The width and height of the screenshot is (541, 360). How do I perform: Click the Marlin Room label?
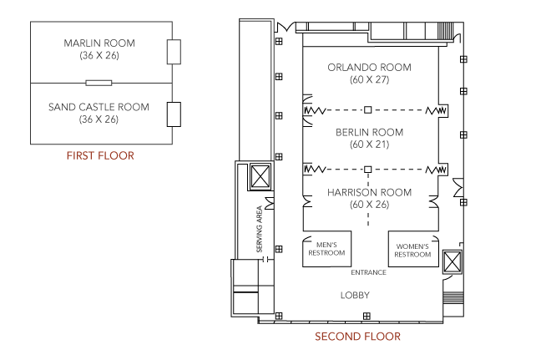click(x=99, y=43)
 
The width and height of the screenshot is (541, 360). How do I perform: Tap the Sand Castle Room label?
click(x=99, y=107)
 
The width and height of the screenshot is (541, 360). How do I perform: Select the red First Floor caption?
click(x=100, y=155)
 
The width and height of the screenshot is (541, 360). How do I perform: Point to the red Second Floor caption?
click(x=358, y=337)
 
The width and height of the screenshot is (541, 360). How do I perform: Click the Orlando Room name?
click(x=370, y=68)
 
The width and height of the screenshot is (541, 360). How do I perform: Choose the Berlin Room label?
click(x=370, y=132)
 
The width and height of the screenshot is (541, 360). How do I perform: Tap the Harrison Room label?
click(x=370, y=192)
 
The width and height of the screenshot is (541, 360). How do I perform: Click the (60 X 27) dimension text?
click(x=370, y=79)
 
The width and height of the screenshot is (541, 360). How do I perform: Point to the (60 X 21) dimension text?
click(x=370, y=145)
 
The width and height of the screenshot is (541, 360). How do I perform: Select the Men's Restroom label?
click(x=326, y=249)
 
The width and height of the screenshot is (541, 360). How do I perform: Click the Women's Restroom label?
click(x=412, y=251)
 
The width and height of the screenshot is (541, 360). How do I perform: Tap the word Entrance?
click(x=368, y=272)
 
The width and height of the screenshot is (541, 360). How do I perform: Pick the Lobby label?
click(x=355, y=296)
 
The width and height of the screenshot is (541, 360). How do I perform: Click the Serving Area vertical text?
click(x=260, y=229)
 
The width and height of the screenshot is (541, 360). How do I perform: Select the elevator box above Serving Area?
click(x=260, y=177)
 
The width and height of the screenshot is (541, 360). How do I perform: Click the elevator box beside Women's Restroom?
click(x=453, y=262)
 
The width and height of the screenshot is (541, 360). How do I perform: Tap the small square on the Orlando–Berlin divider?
click(x=368, y=110)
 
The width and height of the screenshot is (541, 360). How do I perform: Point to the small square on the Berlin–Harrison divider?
click(x=368, y=170)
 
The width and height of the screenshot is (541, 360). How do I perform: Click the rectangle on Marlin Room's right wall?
click(x=174, y=52)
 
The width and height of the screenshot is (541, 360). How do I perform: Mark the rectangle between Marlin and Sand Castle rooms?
click(x=99, y=83)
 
